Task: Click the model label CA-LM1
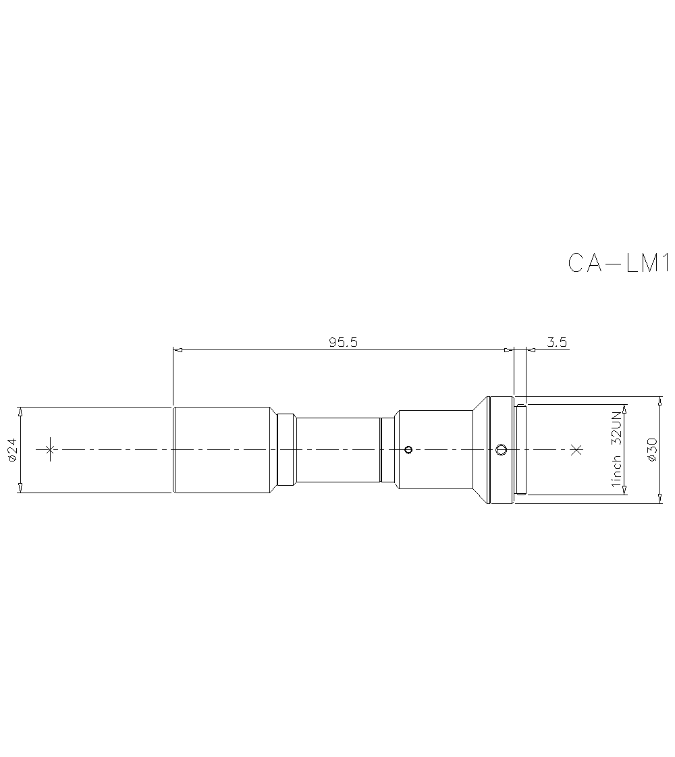(x=618, y=263)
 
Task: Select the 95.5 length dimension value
(x=343, y=342)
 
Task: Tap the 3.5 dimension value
(x=557, y=342)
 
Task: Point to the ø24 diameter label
(x=11, y=450)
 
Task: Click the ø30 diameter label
(x=651, y=450)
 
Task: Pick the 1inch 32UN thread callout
(x=616, y=450)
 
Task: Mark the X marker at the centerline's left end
(x=49, y=450)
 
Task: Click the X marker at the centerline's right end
(x=576, y=450)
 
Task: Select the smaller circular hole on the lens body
(x=408, y=450)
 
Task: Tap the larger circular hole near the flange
(x=500, y=450)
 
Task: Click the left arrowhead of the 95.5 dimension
(x=178, y=349)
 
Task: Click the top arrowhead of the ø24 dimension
(x=21, y=411)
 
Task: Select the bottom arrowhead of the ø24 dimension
(x=21, y=488)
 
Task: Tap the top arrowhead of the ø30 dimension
(x=659, y=401)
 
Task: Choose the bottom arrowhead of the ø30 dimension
(x=659, y=499)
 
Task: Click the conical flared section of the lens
(x=479, y=450)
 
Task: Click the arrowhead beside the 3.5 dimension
(x=531, y=349)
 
